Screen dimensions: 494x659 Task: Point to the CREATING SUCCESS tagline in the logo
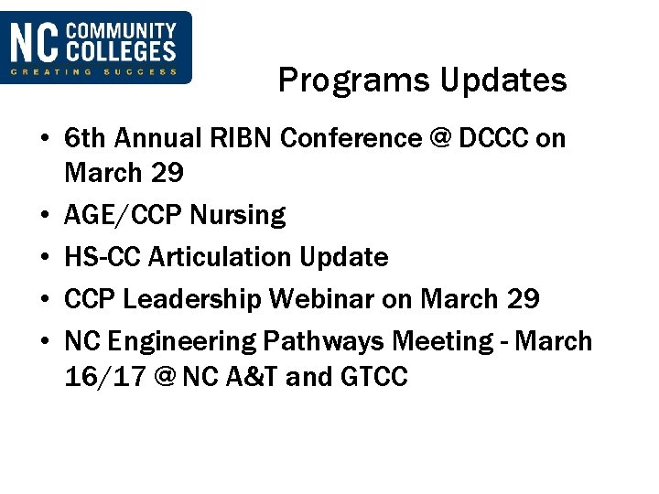pos(95,72)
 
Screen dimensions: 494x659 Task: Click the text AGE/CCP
pos(123,216)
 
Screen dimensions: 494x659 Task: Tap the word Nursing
pos(237,216)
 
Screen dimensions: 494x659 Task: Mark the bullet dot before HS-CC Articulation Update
pos(44,257)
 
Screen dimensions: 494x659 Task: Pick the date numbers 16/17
pos(103,376)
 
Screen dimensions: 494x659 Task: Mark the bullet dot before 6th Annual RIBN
pos(44,139)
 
